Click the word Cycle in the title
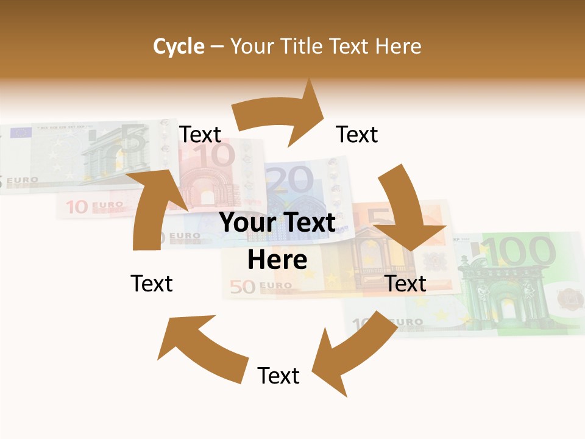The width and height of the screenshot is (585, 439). [179, 46]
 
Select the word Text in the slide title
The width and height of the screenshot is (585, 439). [353, 46]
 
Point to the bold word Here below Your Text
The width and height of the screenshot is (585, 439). [277, 260]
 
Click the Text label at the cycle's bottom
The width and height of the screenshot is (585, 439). [278, 376]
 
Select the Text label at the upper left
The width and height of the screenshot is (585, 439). [200, 134]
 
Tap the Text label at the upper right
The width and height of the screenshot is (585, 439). [357, 134]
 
